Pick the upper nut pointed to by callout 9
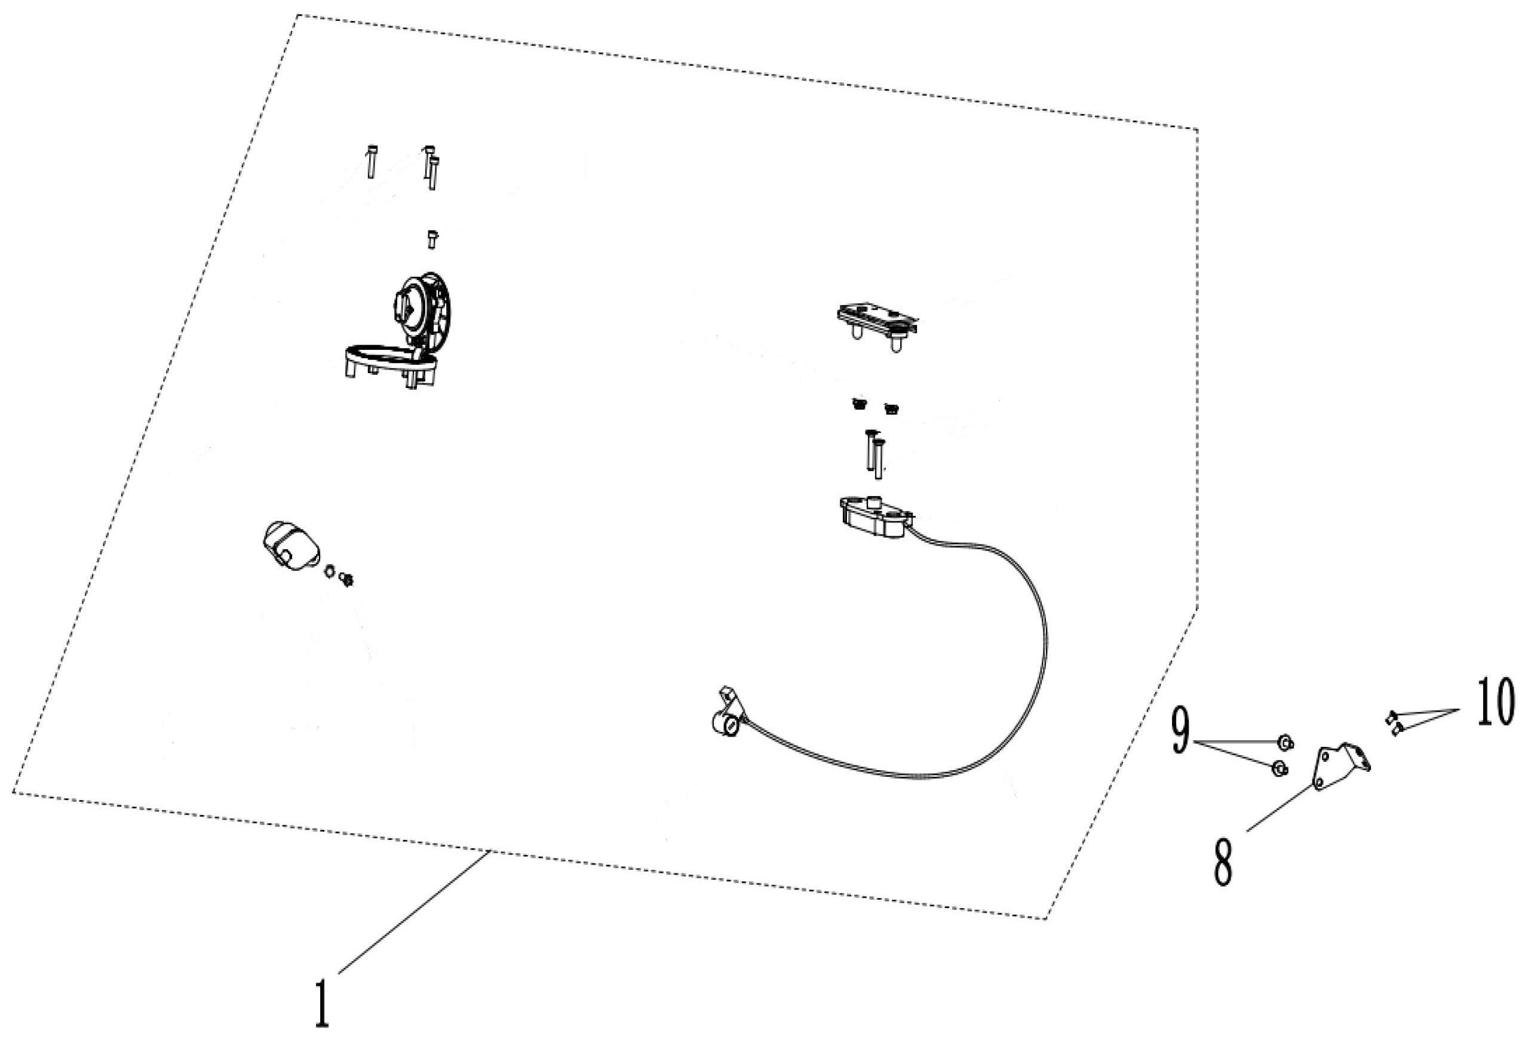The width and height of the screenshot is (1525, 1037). click(1285, 743)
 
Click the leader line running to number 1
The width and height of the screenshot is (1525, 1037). click(413, 911)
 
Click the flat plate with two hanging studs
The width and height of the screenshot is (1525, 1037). click(876, 321)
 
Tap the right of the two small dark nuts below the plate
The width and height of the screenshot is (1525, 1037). click(891, 408)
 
